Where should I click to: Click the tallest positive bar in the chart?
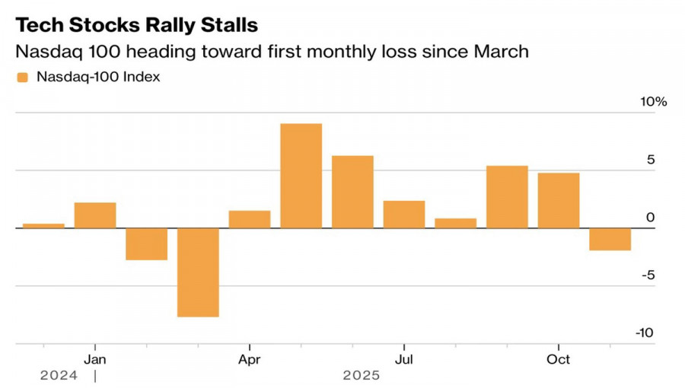pyautogui.click(x=301, y=176)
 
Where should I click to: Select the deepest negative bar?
pyautogui.click(x=198, y=272)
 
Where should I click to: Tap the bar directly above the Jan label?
pyautogui.click(x=95, y=215)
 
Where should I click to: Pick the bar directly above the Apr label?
pyautogui.click(x=250, y=219)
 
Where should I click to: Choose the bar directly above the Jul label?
pyautogui.click(x=404, y=215)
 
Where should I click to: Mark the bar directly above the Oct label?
pyautogui.click(x=558, y=200)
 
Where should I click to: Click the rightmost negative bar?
pyautogui.click(x=610, y=239)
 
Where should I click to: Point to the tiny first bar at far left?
pyautogui.click(x=43, y=225)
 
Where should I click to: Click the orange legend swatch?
pyautogui.click(x=21, y=77)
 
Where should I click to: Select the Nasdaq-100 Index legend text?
pyautogui.click(x=98, y=77)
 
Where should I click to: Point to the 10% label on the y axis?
pyautogui.click(x=653, y=102)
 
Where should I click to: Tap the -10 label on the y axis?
pyautogui.click(x=644, y=333)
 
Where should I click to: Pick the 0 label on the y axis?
pyautogui.click(x=650, y=218)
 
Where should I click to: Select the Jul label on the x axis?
pyautogui.click(x=404, y=358)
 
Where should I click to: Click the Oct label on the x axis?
pyautogui.click(x=559, y=358)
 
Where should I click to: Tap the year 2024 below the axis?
pyautogui.click(x=59, y=375)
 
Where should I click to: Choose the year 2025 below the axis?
pyautogui.click(x=361, y=375)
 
